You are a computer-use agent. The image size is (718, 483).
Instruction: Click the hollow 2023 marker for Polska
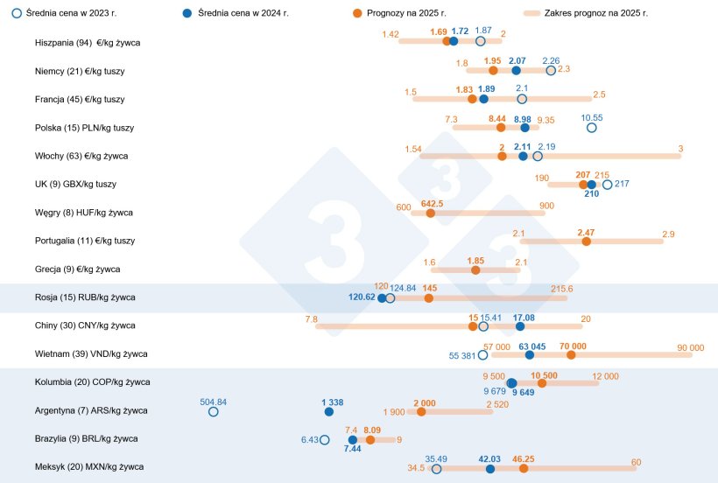(591, 128)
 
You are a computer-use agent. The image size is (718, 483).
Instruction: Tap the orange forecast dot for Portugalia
(587, 241)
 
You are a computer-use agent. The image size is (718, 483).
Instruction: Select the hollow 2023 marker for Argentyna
(213, 411)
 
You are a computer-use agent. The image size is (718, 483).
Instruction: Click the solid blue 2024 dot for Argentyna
(328, 411)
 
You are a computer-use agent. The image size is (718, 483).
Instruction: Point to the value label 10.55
(592, 116)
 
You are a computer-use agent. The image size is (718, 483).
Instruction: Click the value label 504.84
(213, 402)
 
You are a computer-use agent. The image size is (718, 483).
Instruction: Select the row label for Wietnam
(91, 353)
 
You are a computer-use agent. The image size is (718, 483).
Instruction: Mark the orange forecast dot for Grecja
(475, 269)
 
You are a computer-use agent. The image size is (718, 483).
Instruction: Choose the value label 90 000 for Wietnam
(690, 347)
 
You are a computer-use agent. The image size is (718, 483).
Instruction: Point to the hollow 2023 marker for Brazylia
(325, 439)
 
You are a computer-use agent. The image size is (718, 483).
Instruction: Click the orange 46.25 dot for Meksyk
(524, 469)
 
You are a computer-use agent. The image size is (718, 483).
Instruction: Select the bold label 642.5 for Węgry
(432, 203)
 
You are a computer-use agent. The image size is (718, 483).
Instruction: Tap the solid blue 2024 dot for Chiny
(520, 326)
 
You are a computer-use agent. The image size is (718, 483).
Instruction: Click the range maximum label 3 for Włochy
(680, 149)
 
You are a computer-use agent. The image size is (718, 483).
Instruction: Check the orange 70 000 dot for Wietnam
(571, 354)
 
